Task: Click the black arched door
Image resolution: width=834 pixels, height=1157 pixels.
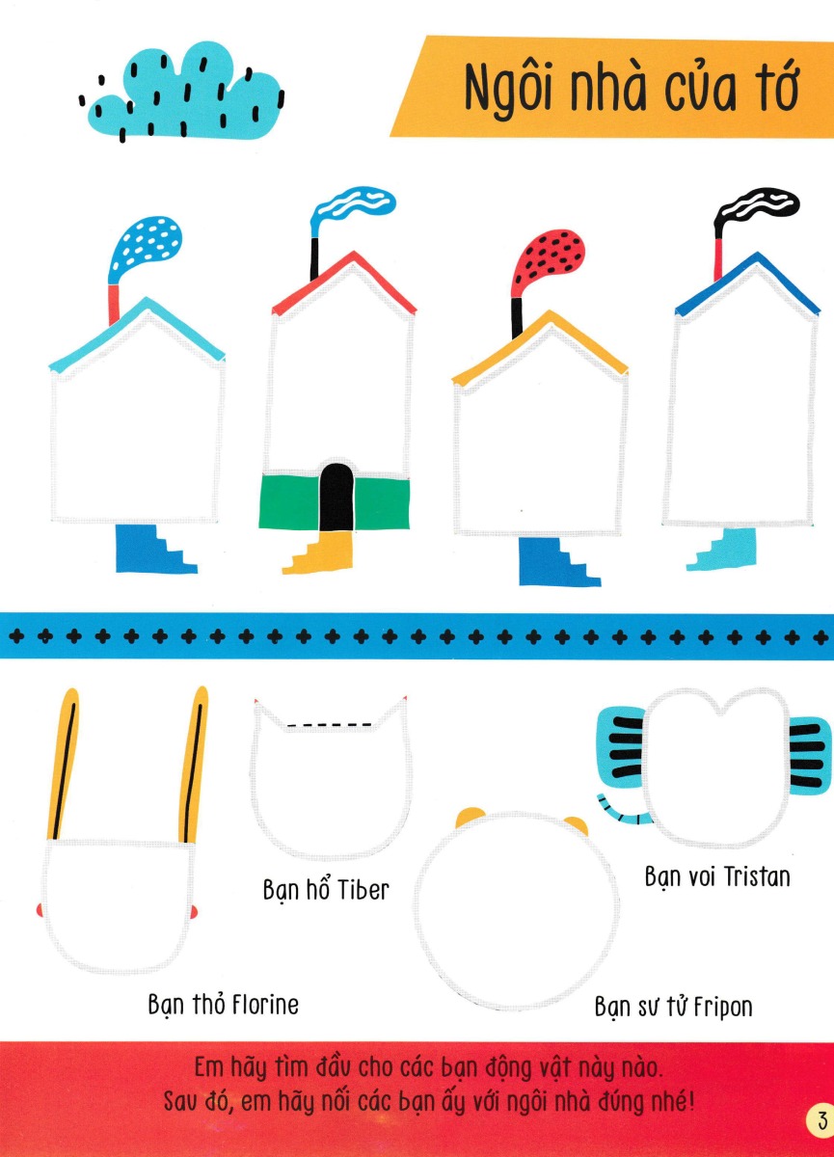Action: coord(336,498)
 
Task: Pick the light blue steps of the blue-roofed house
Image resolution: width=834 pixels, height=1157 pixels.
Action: coord(725,548)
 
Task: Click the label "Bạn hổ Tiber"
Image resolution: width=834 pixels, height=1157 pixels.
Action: coord(326,888)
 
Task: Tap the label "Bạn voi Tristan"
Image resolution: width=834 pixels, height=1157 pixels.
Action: coord(716,876)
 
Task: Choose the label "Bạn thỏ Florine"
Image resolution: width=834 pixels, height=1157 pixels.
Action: coord(224,1004)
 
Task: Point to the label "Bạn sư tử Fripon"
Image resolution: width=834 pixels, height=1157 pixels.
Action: coord(673,1007)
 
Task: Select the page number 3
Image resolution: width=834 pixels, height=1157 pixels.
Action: coord(820,1120)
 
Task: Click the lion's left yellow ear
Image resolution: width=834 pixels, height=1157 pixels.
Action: coord(470,819)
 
